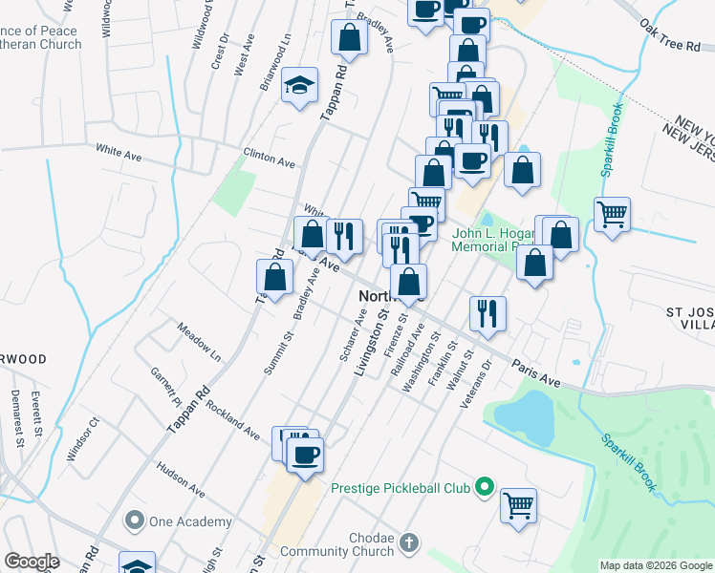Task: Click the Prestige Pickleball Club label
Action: coord(401,488)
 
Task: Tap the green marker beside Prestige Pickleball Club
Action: coord(485,488)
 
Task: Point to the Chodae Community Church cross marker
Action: coord(408,543)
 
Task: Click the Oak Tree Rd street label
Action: coord(671,35)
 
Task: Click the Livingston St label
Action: coord(371,338)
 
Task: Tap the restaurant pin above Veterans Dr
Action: coord(487,314)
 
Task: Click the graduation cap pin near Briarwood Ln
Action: coord(300,86)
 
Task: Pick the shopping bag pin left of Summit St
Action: coord(274,278)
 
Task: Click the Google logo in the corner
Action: coord(32,562)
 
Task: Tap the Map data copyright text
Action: coord(655,565)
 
